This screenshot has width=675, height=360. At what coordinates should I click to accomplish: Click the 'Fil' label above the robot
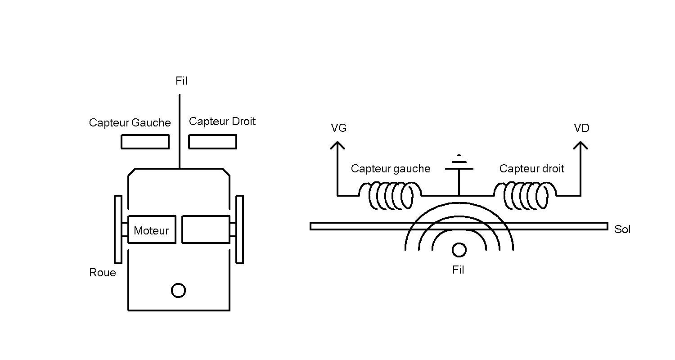pyautogui.click(x=181, y=81)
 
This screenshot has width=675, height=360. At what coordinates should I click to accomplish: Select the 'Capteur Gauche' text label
pyautogui.click(x=130, y=122)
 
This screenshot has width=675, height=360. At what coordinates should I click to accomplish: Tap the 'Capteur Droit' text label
pyautogui.click(x=222, y=121)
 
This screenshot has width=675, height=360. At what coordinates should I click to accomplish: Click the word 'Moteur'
pyautogui.click(x=151, y=230)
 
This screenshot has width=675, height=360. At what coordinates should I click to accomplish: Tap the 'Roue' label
pyautogui.click(x=103, y=272)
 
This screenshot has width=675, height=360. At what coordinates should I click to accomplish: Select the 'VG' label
pyautogui.click(x=339, y=128)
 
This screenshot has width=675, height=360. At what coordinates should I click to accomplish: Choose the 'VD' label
pyautogui.click(x=581, y=128)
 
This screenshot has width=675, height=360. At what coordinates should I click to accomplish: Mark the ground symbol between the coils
pyautogui.click(x=459, y=169)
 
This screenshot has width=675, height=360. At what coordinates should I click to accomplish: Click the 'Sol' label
pyautogui.click(x=622, y=229)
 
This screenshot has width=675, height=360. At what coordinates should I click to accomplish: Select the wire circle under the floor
pyautogui.click(x=459, y=243)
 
